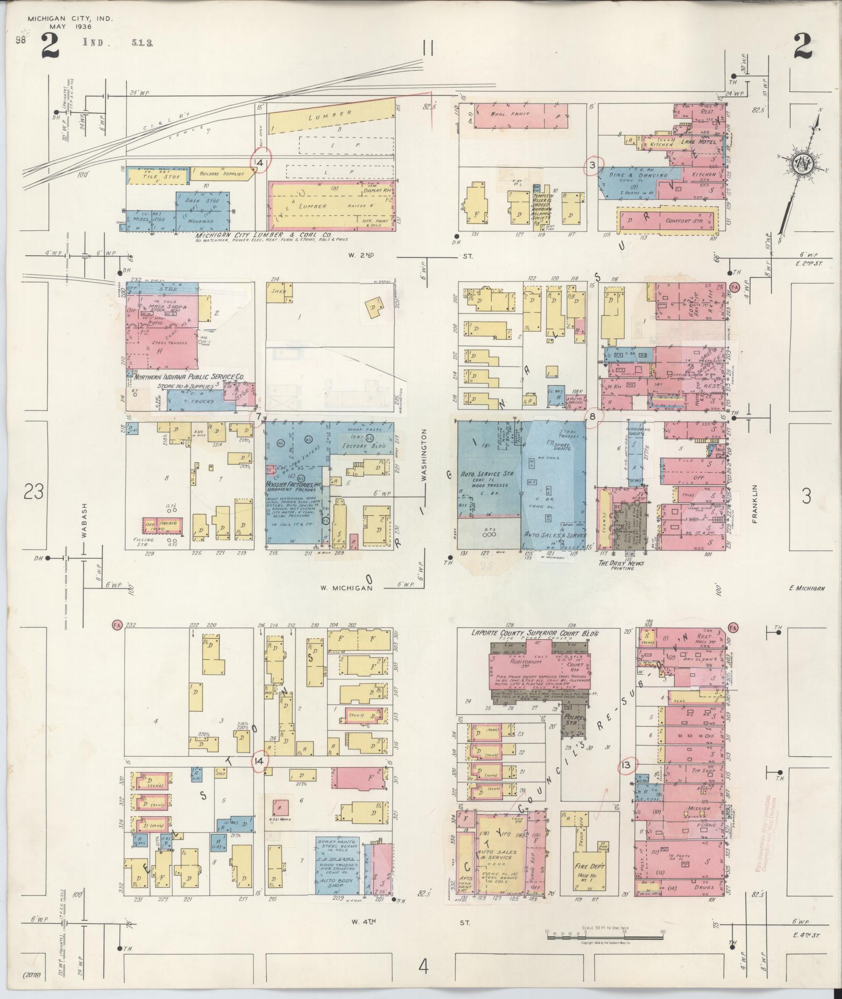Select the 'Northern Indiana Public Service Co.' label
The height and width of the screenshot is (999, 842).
189,377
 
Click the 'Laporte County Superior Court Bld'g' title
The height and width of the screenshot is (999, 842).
535,634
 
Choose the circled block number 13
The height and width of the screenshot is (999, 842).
626,766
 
